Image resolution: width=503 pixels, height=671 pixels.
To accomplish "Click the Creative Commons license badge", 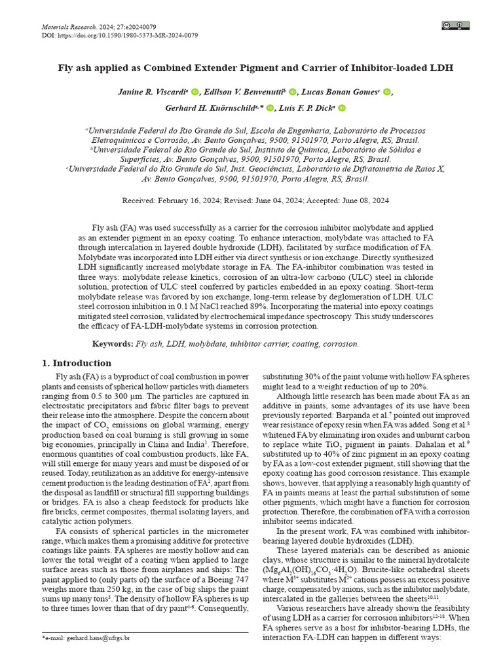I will pyautogui.click(x=456, y=26).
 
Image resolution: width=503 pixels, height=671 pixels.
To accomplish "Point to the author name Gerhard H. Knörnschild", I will pyautogui.click(x=208, y=108).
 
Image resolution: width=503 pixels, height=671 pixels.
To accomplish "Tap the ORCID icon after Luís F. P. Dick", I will pyautogui.click(x=341, y=108).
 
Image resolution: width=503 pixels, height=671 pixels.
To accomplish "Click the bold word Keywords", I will pyautogui.click(x=112, y=343).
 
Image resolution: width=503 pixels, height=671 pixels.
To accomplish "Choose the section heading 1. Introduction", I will pyautogui.click(x=77, y=363).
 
